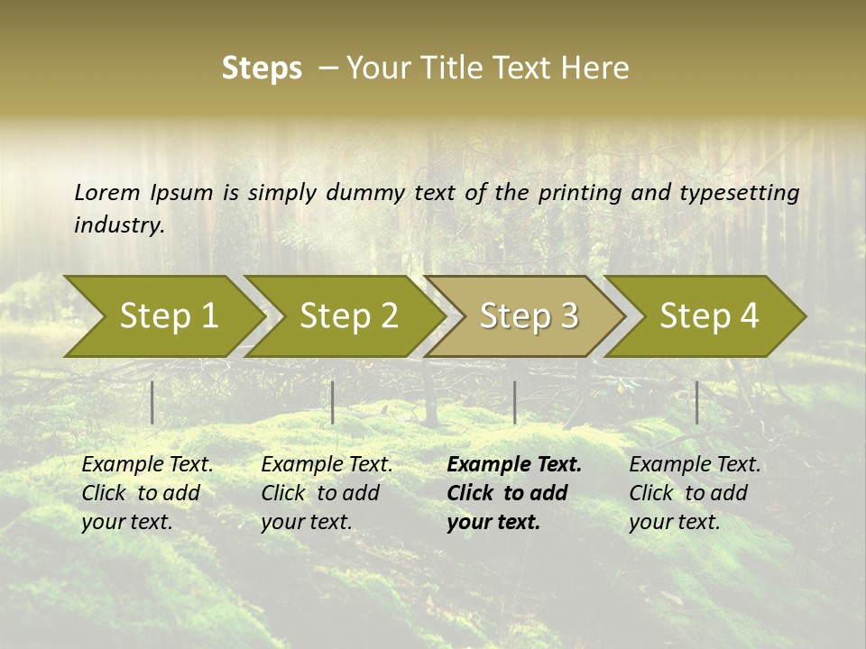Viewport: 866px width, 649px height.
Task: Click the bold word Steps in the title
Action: coord(262,69)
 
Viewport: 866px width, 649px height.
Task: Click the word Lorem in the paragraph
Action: coord(106,192)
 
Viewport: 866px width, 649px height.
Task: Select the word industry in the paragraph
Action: coord(118,225)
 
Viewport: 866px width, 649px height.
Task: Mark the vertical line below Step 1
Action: coord(152,402)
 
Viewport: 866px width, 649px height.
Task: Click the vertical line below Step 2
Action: coord(333,402)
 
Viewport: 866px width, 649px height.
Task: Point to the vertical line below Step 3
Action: coord(514,402)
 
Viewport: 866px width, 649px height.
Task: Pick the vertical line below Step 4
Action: coord(696,402)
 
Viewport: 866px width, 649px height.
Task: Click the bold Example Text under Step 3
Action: coord(514,465)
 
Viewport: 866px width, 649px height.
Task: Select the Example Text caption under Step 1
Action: coord(147,465)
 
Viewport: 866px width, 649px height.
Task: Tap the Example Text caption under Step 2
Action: coord(327,465)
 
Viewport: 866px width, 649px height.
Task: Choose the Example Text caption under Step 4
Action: coord(695,465)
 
